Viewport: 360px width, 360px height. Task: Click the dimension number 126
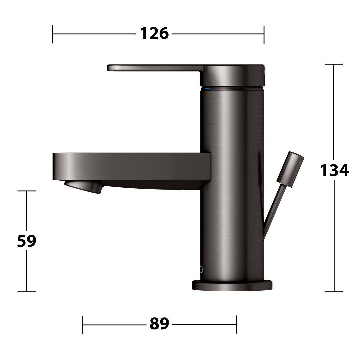(x=154, y=34)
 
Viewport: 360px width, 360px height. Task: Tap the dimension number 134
(x=334, y=170)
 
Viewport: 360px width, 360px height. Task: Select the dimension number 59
(x=27, y=241)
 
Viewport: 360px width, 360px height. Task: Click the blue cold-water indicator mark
(x=207, y=88)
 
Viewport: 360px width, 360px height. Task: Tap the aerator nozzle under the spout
(x=83, y=186)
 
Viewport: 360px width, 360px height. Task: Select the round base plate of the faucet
(x=232, y=285)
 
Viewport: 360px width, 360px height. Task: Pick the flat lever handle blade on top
(x=155, y=68)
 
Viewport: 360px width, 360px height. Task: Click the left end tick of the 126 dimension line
(x=53, y=34)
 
